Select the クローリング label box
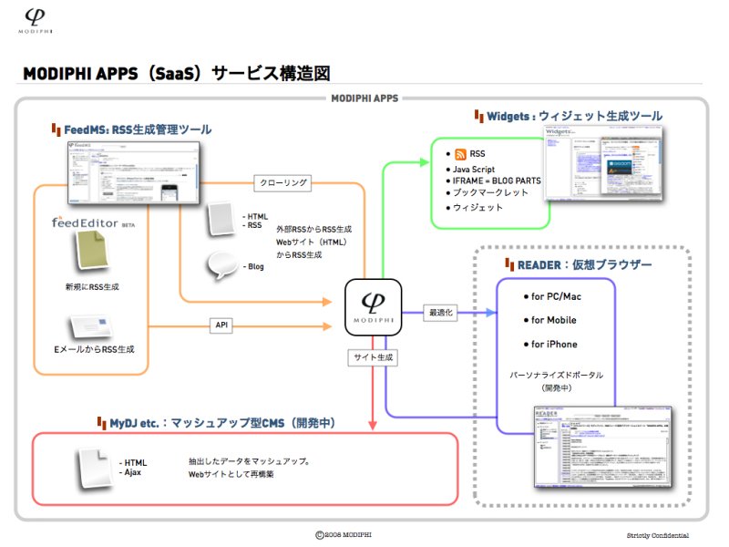(283, 182)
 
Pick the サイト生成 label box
(373, 358)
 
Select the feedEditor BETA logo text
(88, 222)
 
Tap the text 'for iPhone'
(554, 344)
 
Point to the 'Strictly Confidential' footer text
(657, 535)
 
